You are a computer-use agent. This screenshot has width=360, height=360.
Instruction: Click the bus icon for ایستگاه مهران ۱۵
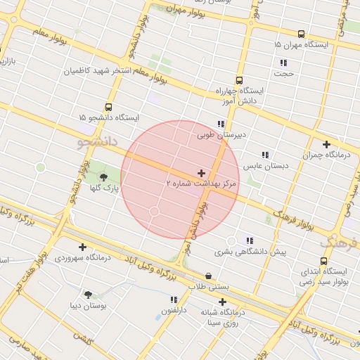coord(302,34)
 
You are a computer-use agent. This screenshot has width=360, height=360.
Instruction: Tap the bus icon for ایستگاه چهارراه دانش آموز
coord(239,80)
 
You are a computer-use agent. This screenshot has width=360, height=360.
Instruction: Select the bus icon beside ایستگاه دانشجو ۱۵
coord(108,107)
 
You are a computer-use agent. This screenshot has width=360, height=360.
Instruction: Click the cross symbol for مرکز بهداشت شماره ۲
coord(202,173)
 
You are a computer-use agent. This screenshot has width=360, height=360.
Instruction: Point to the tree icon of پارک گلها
coord(104,177)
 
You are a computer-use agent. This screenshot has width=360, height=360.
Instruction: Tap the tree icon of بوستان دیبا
coord(88,295)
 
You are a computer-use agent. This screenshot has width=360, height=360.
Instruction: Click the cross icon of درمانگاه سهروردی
coord(83,247)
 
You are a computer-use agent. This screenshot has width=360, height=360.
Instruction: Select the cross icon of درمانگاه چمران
coord(326,144)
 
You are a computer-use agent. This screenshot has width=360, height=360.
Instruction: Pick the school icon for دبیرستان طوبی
coord(221,124)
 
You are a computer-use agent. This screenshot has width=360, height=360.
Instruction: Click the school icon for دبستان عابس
coord(265,155)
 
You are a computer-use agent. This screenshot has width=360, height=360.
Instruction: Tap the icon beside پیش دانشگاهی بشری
coord(250,240)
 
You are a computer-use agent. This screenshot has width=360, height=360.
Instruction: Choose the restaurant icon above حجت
coord(283,63)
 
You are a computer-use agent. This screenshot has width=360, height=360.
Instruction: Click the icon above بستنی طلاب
coord(208,276)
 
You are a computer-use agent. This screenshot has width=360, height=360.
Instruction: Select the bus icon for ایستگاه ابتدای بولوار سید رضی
coord(323,261)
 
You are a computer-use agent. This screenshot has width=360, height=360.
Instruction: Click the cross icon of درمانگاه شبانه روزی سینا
coord(222,302)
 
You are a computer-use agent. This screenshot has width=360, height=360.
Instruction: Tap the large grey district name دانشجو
coord(94,143)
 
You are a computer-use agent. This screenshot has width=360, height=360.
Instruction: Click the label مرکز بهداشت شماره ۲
coord(202,184)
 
